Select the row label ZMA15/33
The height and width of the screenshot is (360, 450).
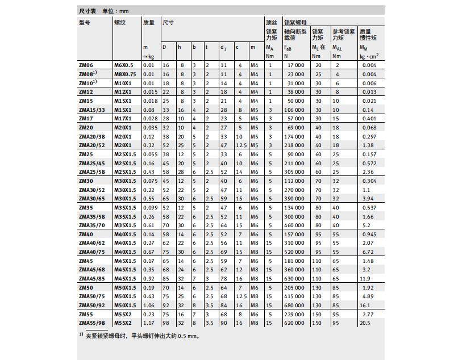coord(91,110)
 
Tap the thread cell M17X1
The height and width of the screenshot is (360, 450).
coord(122,118)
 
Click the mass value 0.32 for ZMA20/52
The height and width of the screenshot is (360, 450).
coord(148,145)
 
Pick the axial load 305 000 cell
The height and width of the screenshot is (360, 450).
coord(294,171)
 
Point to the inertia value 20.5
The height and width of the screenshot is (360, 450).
coord(365,323)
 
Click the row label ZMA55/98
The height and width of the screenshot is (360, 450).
coord(91,323)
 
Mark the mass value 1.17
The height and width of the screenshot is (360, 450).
coord(148,323)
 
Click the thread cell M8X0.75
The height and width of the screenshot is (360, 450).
coord(125,74)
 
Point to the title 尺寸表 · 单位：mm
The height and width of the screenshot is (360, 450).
coord(104,11)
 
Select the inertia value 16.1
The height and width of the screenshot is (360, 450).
coord(365,305)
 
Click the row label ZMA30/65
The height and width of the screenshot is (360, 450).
coord(91,198)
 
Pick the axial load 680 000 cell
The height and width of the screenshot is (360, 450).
coord(294,305)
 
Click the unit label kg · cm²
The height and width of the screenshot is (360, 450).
coord(369,56)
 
